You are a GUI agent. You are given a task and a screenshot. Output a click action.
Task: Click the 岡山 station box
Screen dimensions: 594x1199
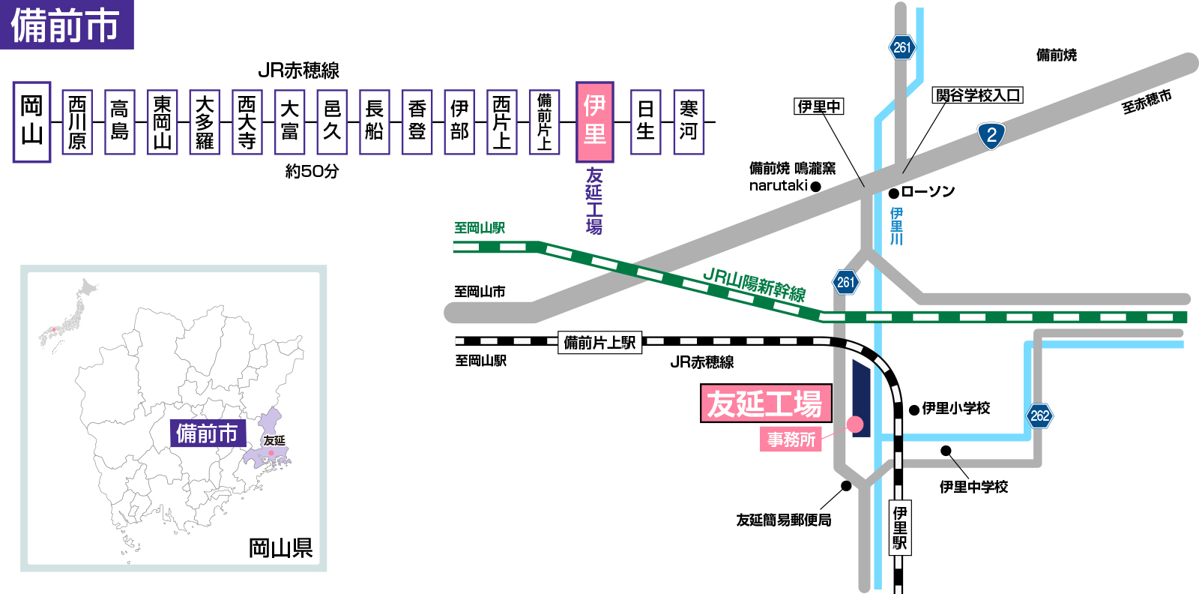click(x=31, y=122)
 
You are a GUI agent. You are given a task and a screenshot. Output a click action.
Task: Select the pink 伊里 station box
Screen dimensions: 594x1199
click(x=594, y=122)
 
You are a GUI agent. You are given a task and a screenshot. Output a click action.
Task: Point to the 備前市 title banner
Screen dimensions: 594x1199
click(x=66, y=25)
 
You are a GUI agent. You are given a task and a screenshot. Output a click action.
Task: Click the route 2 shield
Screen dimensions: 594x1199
click(x=991, y=136)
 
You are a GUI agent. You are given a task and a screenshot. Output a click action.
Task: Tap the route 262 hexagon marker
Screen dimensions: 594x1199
click(x=1039, y=415)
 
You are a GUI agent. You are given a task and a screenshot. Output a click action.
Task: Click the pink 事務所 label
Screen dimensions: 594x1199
click(x=791, y=439)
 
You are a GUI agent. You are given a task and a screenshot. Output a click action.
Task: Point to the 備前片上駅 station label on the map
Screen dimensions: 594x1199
click(x=599, y=343)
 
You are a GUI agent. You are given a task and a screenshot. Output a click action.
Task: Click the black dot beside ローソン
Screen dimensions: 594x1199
click(x=893, y=193)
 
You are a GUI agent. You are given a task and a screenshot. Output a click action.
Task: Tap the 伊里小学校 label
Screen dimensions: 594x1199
click(x=955, y=408)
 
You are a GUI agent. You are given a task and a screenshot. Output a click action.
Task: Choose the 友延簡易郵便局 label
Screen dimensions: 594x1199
click(x=783, y=520)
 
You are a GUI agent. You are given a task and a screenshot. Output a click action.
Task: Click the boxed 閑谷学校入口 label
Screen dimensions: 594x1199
click(x=977, y=95)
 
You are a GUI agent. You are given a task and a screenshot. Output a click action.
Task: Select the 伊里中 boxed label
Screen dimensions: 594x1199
click(x=818, y=106)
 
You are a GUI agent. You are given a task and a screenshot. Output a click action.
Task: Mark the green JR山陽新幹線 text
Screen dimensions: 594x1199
click(x=754, y=284)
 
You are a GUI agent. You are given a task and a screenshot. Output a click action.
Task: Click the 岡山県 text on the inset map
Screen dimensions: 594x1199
click(x=280, y=548)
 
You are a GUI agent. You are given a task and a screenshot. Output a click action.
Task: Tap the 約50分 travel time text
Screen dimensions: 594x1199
click(x=312, y=172)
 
